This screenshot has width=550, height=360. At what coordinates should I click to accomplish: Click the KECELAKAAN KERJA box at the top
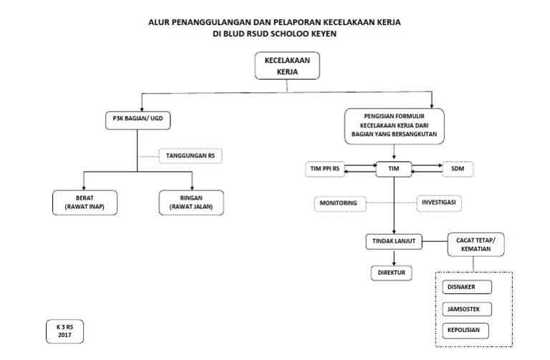287,67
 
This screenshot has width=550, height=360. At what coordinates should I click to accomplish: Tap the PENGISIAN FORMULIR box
394,125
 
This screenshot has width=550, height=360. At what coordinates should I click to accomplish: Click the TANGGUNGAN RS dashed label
190,155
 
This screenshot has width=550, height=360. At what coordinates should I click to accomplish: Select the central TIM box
393,169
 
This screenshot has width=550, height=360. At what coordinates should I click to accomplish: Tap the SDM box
458,169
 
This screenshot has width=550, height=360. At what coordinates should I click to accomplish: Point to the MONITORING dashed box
339,204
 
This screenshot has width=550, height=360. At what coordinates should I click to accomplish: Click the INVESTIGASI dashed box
440,203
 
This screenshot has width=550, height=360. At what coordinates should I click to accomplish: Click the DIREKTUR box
390,273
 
